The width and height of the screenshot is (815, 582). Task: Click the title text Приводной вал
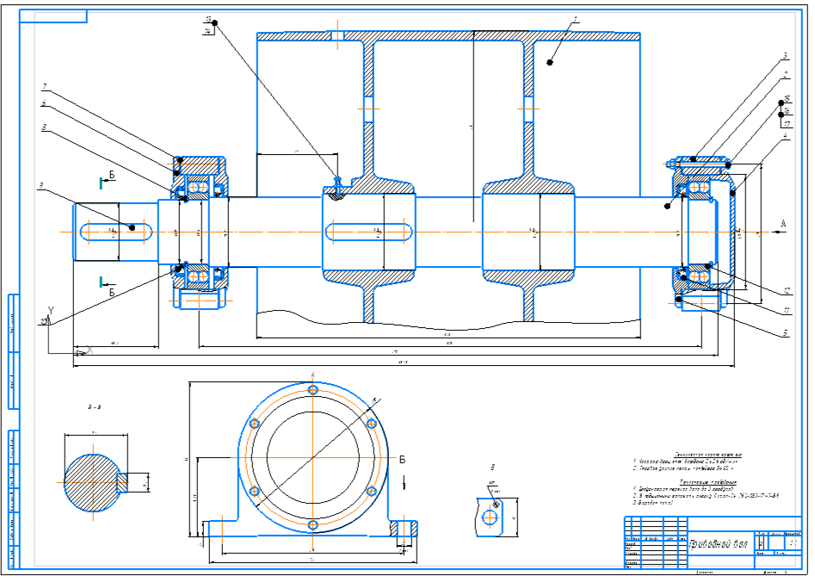coord(720,543)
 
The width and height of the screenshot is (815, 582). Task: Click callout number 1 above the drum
coord(575,18)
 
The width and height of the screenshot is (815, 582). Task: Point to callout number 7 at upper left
coord(44,87)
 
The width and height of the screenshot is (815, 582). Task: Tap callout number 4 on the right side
coord(785,137)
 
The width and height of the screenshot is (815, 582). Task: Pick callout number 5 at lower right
coord(784,331)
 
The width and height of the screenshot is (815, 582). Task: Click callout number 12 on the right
coord(784,289)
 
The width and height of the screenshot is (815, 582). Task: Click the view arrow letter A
coord(783,225)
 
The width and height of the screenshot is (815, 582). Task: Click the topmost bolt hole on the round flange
coord(312,390)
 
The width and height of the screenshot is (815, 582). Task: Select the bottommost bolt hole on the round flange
coord(312,524)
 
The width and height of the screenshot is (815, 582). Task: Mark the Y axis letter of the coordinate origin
coord(52,310)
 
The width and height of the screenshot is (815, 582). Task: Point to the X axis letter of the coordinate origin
coord(89,349)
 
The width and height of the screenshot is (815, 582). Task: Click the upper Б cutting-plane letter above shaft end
coord(111,176)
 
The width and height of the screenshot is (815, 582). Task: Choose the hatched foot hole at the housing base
coord(402,528)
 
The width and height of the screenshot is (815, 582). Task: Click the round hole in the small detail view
coord(490,517)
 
